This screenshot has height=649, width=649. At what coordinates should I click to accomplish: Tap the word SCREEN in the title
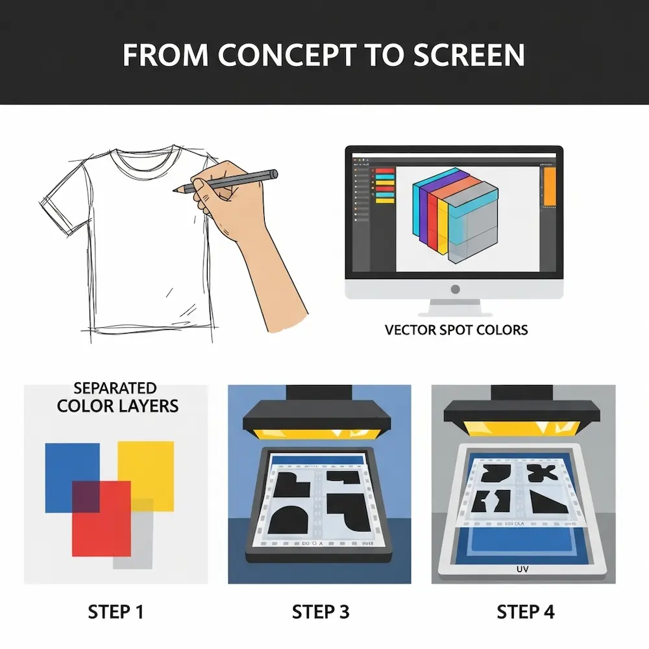[x=473, y=56]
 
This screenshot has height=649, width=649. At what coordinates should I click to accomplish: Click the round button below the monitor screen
[x=455, y=288]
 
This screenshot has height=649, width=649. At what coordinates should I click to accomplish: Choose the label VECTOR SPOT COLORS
[x=456, y=330]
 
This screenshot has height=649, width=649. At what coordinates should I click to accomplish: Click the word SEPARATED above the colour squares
[x=115, y=389]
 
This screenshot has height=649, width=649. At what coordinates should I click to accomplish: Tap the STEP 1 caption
[x=116, y=611]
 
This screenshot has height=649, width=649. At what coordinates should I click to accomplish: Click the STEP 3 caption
[x=321, y=611]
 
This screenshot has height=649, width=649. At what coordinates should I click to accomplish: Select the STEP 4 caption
[x=526, y=611]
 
